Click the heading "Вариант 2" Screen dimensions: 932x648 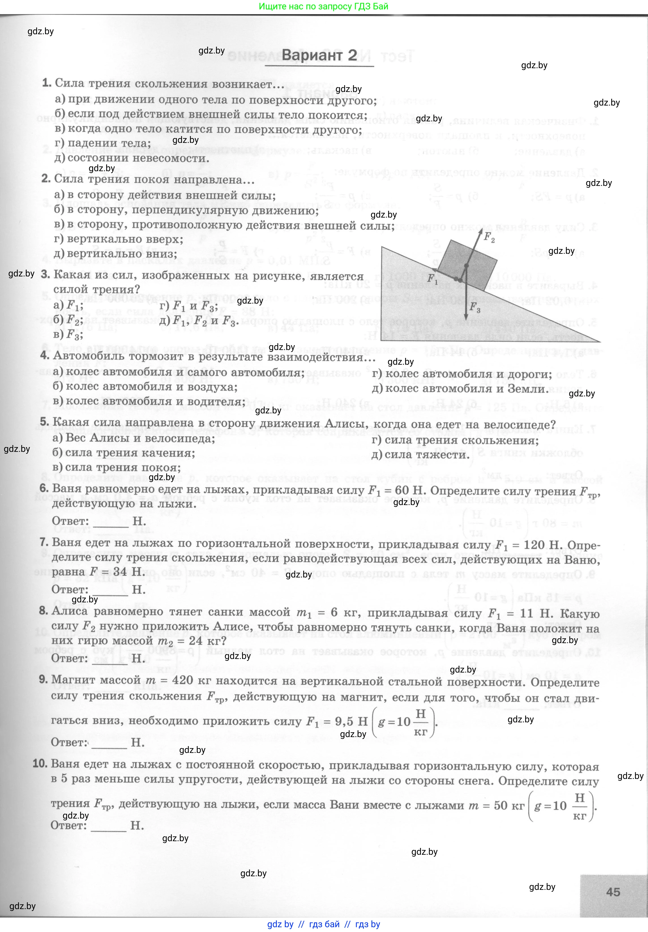click(319, 55)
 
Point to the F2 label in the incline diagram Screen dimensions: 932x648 click(489, 237)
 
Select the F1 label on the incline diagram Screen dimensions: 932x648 click(432, 279)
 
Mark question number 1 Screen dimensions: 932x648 click(47, 83)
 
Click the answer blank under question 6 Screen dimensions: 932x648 click(110, 522)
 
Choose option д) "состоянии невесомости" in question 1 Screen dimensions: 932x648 click(132, 158)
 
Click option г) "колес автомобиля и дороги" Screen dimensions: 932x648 click(462, 374)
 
